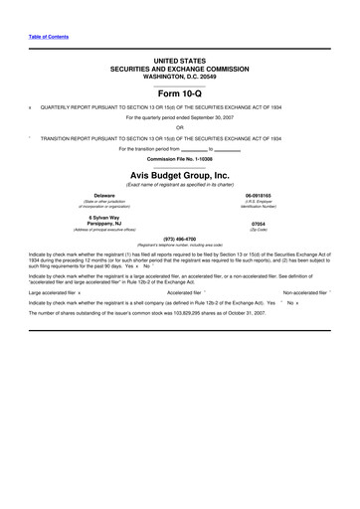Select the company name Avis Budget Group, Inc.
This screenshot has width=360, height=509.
(x=179, y=174)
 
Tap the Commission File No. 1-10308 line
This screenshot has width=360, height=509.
(x=179, y=159)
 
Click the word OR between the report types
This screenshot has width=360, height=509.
(x=179, y=126)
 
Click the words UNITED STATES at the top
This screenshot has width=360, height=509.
(x=179, y=61)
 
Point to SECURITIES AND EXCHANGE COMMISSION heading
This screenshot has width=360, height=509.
(x=179, y=68)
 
